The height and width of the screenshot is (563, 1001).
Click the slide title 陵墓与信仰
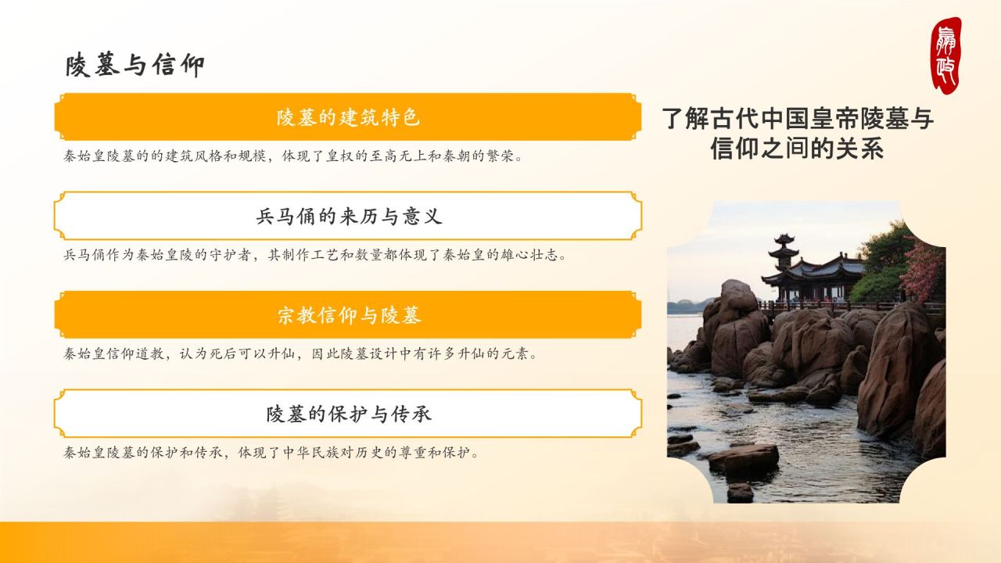135,66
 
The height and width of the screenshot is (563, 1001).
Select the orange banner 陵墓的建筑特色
348,117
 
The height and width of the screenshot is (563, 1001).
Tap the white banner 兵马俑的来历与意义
348,217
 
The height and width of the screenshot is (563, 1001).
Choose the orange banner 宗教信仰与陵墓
348,315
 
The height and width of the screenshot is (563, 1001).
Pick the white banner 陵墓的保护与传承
348,414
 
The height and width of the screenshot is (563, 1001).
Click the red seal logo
945,55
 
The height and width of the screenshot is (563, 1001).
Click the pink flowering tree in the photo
924,270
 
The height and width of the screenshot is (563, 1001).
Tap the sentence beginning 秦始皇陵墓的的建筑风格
292,156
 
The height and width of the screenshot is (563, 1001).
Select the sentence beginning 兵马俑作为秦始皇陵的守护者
314,255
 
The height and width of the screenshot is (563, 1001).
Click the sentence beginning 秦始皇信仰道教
301,353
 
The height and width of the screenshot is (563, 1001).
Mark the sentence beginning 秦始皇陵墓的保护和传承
271,452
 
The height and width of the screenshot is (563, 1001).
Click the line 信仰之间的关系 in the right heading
797,148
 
